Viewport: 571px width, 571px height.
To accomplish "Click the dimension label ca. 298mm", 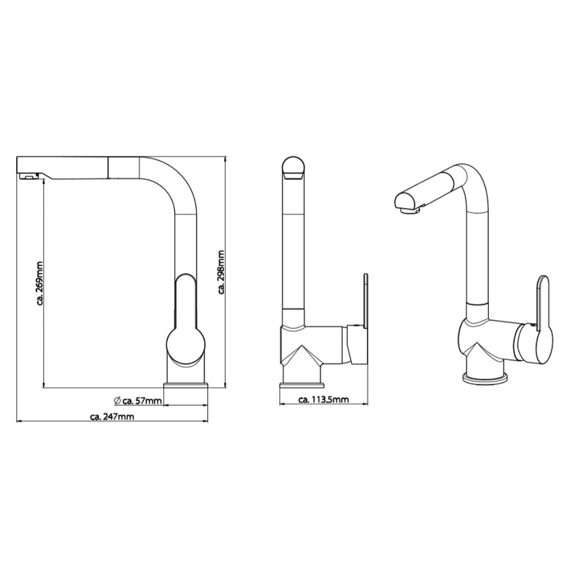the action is (x=221, y=272).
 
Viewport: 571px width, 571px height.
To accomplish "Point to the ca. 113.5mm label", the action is (x=324, y=399).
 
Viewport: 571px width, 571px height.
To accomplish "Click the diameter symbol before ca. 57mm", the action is (x=117, y=400).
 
